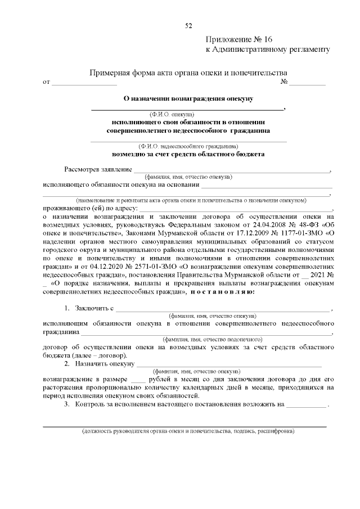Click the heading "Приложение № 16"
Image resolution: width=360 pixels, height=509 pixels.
pos(239,39)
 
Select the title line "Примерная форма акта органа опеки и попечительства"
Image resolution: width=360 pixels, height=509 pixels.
pos(190,73)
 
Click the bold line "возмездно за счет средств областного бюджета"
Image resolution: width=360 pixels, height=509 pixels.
pos(188,154)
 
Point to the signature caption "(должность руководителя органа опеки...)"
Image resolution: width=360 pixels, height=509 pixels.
pos(188,432)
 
